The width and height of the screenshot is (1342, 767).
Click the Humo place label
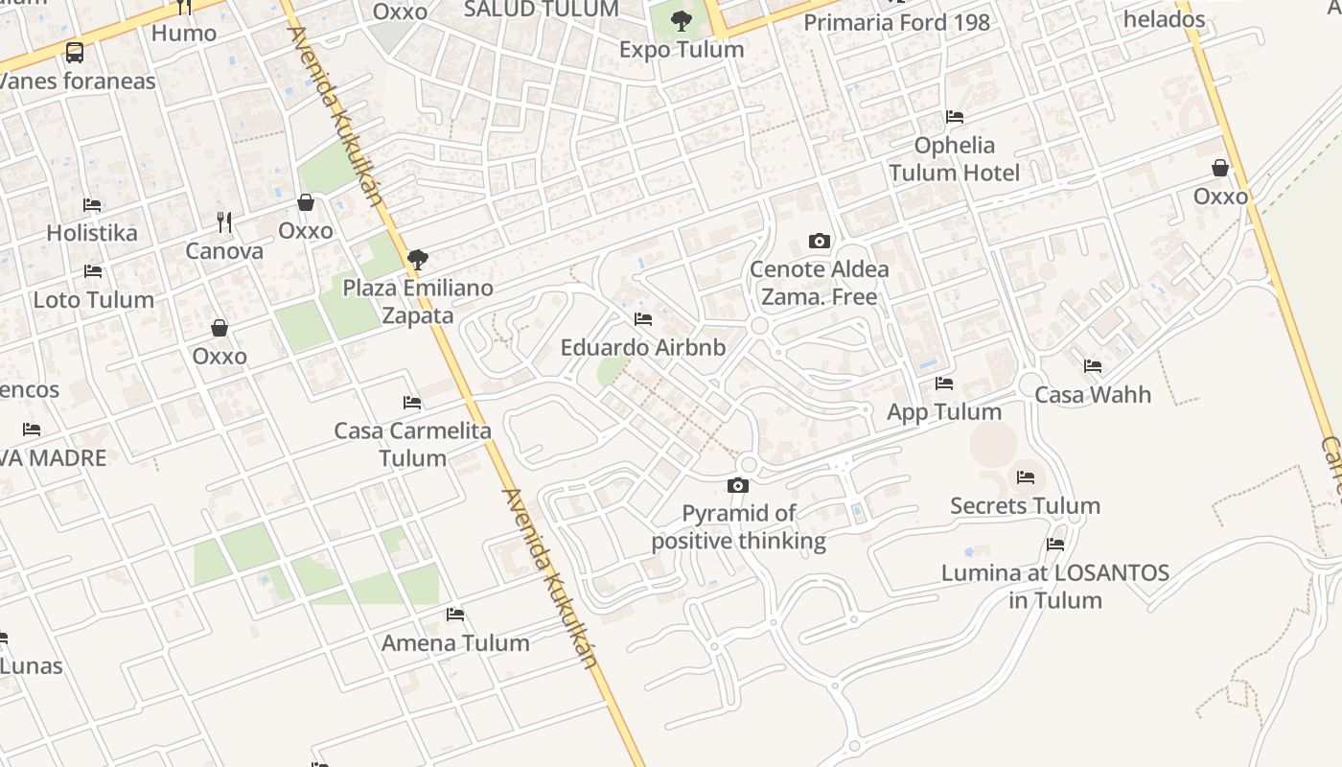pos(184,34)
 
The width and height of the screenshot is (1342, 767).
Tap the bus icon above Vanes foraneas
pos(75,53)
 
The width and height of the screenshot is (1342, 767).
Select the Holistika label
pos(92,233)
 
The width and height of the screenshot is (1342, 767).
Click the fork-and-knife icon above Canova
pos(224,222)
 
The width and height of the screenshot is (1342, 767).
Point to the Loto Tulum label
pos(94,300)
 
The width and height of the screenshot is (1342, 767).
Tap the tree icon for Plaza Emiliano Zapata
pos(417,259)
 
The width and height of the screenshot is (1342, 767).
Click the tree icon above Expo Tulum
pos(682,20)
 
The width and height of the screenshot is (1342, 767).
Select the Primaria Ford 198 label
pos(896,22)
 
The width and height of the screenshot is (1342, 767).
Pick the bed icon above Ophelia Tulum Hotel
pos(955,117)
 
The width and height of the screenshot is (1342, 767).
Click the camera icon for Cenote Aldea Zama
pos(819,241)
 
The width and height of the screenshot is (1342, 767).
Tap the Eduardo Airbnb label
pos(643,347)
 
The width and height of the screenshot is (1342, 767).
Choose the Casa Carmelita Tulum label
pos(413,444)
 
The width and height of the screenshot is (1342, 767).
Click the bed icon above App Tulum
pos(944,383)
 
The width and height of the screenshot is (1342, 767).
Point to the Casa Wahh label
pos(1093,394)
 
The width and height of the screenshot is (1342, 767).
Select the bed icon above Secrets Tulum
pos(1026,476)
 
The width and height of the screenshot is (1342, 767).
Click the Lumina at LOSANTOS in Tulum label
pos(1055,587)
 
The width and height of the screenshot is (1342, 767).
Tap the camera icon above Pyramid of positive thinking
pos(737,486)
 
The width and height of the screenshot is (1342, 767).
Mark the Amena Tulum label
pos(455,643)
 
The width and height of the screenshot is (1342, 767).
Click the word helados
pos(1164,19)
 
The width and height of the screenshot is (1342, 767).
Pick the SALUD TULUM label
pos(542,10)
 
